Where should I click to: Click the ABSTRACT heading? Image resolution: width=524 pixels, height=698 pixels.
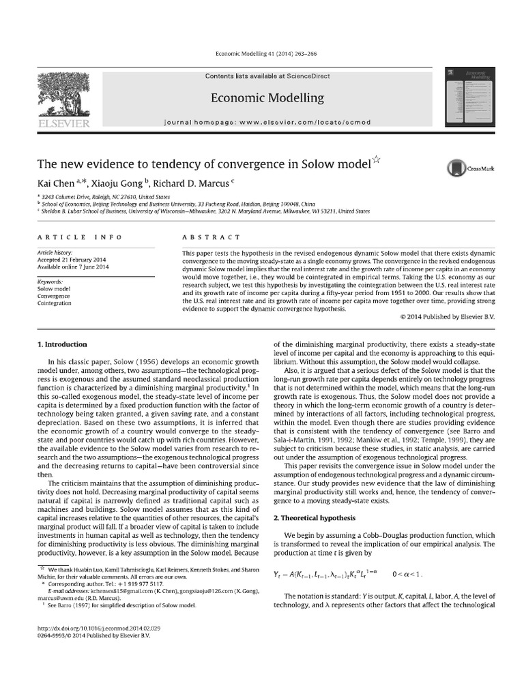[211, 237]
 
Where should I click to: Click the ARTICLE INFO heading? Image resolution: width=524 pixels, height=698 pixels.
[80, 237]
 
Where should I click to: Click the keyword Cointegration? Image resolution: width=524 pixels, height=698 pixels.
[54, 303]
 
